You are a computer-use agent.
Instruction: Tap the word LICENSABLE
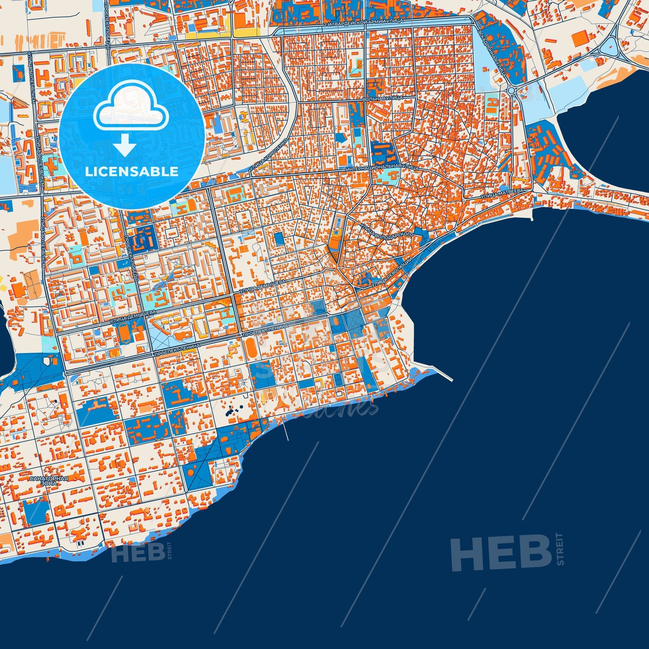point(132,172)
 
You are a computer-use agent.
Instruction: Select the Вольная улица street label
point(382,98)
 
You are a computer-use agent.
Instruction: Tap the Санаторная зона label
point(49,481)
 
